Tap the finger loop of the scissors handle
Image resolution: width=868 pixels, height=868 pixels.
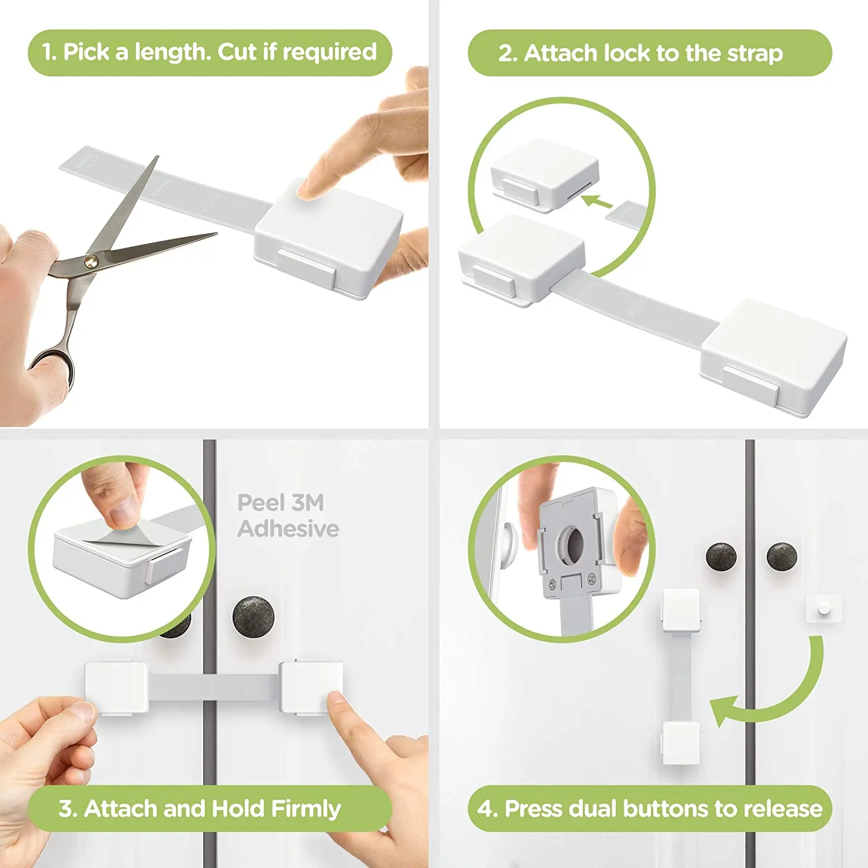tap(53, 366)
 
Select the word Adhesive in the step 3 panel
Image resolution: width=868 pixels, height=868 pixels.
tap(288, 529)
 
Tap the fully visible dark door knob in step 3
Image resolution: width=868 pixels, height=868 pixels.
tap(253, 616)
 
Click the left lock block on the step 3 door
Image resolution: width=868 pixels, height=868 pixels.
tap(116, 688)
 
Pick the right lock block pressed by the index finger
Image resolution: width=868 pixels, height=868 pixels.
tap(310, 687)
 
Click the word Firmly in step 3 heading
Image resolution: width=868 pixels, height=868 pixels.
tap(306, 808)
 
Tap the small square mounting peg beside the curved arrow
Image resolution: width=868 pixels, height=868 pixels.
tap(822, 609)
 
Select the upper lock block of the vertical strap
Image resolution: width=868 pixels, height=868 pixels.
tap(681, 610)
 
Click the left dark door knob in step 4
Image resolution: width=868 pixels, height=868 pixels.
tap(721, 557)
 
